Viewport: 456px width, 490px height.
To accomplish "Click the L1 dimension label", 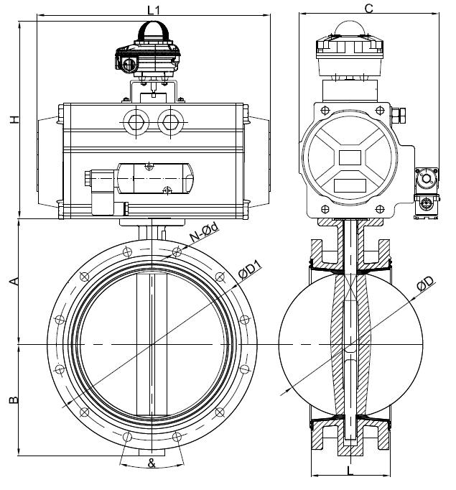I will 153,10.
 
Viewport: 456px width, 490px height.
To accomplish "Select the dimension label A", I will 12,282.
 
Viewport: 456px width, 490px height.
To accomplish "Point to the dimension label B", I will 12,399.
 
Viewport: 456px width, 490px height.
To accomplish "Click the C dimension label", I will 368,9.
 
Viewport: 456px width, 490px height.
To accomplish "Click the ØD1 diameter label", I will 251,272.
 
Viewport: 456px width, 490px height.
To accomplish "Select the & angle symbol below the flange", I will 152,463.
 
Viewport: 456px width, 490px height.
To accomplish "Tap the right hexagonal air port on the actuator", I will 169,120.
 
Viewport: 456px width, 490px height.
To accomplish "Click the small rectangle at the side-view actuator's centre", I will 350,156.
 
